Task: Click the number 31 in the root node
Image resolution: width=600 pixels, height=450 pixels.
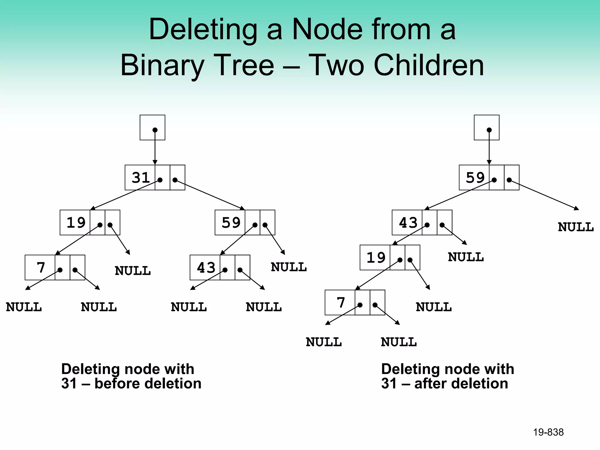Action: tap(141, 178)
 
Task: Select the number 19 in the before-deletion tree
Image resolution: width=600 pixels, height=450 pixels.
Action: tap(76, 222)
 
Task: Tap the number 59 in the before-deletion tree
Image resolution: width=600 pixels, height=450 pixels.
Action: tap(231, 222)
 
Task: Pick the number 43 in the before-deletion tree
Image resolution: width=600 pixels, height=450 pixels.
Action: tap(206, 267)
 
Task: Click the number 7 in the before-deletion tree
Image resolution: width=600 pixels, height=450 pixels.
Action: tap(41, 267)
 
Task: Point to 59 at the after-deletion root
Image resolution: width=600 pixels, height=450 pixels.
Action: tap(475, 178)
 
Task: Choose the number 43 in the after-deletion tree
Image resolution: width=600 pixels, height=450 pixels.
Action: tap(408, 223)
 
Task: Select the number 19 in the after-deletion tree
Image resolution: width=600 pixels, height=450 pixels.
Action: tap(376, 258)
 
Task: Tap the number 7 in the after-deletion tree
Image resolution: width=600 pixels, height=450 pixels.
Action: tap(341, 303)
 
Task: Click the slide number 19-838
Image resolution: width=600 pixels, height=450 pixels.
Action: tap(548, 432)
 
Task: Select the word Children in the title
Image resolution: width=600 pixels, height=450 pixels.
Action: tap(429, 65)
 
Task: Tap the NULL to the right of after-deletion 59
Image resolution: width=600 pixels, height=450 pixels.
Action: tap(575, 227)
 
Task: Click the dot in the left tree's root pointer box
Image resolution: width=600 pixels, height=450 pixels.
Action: tap(155, 130)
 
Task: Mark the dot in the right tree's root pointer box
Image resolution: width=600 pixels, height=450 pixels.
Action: tap(489, 130)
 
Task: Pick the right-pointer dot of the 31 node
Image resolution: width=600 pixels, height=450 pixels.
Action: tap(175, 180)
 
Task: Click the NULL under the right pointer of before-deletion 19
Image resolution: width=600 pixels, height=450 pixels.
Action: tap(132, 271)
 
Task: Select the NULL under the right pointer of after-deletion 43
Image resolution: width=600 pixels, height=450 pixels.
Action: tap(466, 257)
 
